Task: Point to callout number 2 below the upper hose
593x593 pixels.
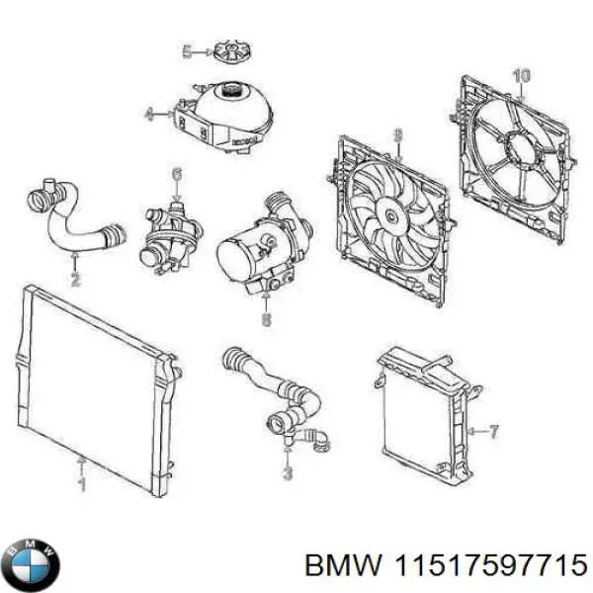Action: pos(76,280)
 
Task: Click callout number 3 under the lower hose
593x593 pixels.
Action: pos(288,472)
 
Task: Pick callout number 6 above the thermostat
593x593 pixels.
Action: pos(176,176)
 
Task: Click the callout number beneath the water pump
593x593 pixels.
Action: pos(265,319)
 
